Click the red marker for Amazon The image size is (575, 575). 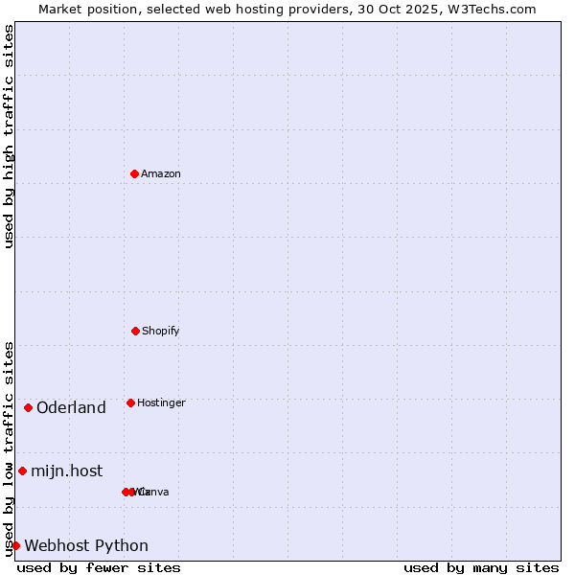tap(134, 173)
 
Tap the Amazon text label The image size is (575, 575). tap(161, 174)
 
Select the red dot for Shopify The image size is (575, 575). tap(135, 331)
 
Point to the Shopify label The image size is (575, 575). tap(161, 332)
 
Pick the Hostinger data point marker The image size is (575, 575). tap(130, 402)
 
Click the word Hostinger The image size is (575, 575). tap(161, 403)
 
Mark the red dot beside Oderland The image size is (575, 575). tap(28, 407)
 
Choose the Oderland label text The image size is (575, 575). tap(71, 408)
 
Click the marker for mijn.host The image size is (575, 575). tap(22, 471)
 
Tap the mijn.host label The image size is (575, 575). tap(66, 471)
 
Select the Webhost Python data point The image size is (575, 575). tap(15, 545)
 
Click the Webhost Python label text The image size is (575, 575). tap(86, 546)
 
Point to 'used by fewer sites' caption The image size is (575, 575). tap(99, 567)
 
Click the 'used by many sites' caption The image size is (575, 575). tap(481, 567)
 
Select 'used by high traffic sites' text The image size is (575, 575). tap(9, 136)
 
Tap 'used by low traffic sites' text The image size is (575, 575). tap(9, 448)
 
